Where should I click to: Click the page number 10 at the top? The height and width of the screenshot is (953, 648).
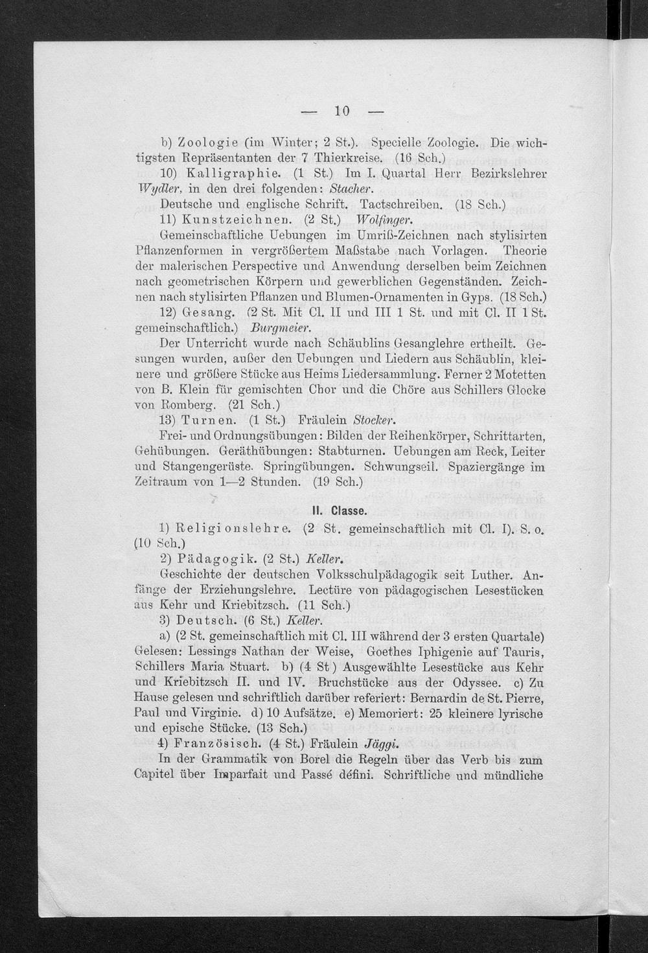pos(342,111)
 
